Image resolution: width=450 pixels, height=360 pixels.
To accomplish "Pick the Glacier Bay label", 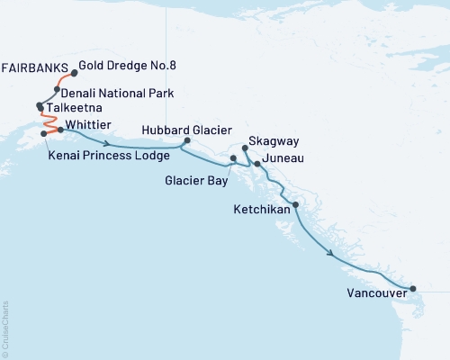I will click(x=196, y=178).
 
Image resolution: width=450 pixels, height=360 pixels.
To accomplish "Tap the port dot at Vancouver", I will click(x=413, y=289).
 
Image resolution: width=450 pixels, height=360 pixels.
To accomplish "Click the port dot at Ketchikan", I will click(x=295, y=205).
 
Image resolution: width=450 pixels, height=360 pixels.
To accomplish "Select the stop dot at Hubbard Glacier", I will click(x=187, y=140).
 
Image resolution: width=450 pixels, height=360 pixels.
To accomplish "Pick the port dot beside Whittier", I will click(x=61, y=130).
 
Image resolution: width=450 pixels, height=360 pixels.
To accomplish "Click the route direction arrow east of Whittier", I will click(x=108, y=143).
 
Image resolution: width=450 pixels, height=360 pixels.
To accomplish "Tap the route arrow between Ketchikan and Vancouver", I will click(x=334, y=255).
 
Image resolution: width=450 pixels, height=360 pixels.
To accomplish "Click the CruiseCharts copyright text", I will click(x=5, y=325).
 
